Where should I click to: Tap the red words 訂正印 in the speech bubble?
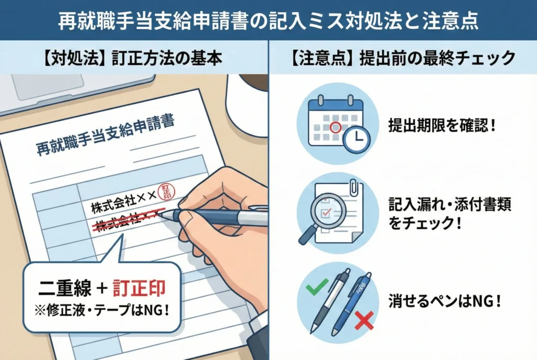(x=139, y=288)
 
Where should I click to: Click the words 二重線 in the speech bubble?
(x=65, y=288)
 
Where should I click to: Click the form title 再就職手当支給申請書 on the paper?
(x=105, y=135)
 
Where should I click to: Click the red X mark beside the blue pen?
(x=364, y=321)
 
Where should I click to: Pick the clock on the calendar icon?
(x=357, y=139)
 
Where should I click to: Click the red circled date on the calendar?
(x=335, y=128)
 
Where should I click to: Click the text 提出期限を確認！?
(x=442, y=126)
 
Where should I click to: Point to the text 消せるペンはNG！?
(x=445, y=301)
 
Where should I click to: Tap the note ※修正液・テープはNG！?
(x=102, y=310)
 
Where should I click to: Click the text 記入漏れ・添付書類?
(x=449, y=205)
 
